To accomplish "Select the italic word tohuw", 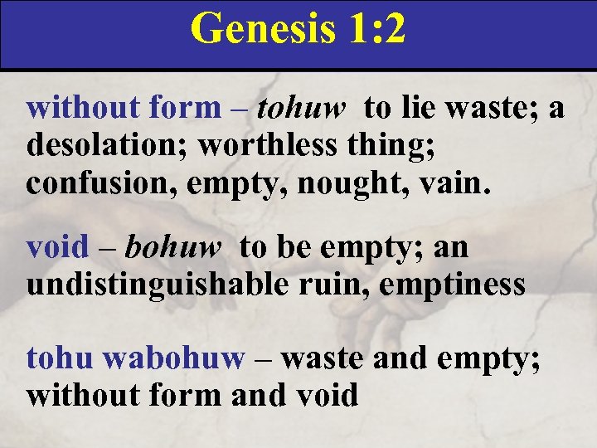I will point(301,108).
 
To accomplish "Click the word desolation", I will point(108,145).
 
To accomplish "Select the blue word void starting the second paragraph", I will point(57,247).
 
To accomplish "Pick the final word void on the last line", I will point(327,396).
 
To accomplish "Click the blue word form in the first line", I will point(185,108).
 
